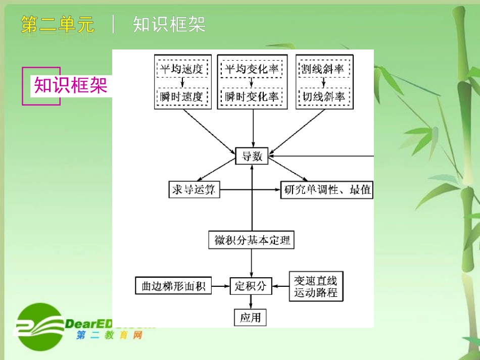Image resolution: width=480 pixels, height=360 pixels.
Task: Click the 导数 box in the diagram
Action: (x=252, y=156)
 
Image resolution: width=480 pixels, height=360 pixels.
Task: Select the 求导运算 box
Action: (x=194, y=190)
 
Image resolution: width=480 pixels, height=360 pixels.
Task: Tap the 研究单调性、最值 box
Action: (x=326, y=190)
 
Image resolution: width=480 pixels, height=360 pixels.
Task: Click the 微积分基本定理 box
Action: (x=251, y=240)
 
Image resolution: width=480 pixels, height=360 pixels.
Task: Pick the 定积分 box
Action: (x=251, y=286)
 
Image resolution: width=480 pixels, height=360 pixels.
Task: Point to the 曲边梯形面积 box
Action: (x=173, y=286)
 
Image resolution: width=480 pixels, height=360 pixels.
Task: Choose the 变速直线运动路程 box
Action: (x=315, y=286)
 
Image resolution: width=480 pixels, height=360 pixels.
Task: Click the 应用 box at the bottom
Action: (x=250, y=318)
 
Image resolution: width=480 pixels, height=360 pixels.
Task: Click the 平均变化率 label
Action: (x=252, y=69)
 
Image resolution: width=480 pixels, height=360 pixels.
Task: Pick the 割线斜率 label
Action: (x=323, y=69)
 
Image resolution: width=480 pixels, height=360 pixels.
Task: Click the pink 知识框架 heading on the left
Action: (x=71, y=85)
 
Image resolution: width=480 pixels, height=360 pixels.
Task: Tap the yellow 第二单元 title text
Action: (x=58, y=24)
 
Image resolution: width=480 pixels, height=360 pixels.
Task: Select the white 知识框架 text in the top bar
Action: (x=169, y=24)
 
